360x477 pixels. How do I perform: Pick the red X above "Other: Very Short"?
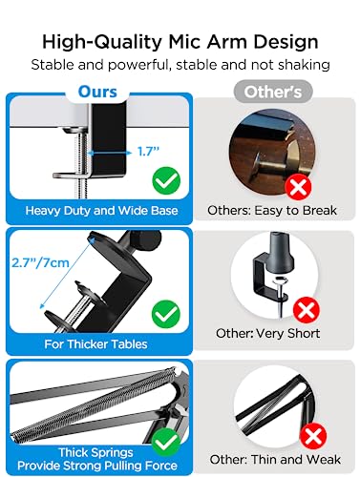307,310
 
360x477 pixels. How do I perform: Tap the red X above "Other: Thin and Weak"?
312,438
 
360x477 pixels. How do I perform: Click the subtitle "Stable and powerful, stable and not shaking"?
180,65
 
